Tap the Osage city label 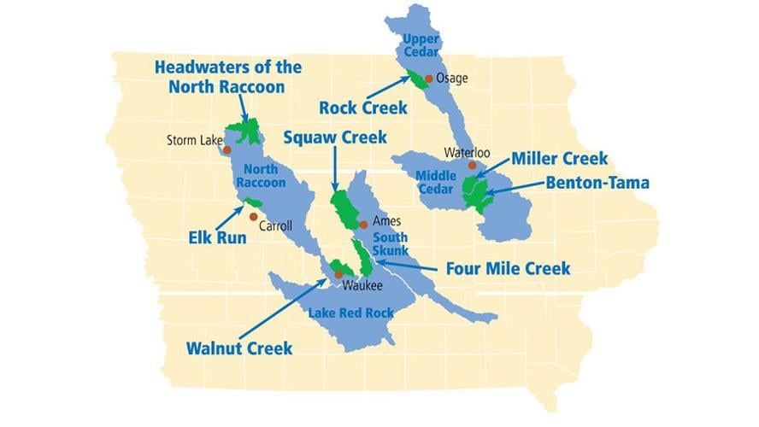pos(451,78)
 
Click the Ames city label pos(387,221)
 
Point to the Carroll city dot pos(254,216)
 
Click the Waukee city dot pos(338,275)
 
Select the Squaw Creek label pos(335,137)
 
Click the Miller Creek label pos(559,158)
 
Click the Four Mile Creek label pos(508,268)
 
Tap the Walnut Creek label pos(239,348)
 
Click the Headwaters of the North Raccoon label pos(227,76)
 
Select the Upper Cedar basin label pos(421,46)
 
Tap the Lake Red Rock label pos(350,313)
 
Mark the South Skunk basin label pos(390,243)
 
